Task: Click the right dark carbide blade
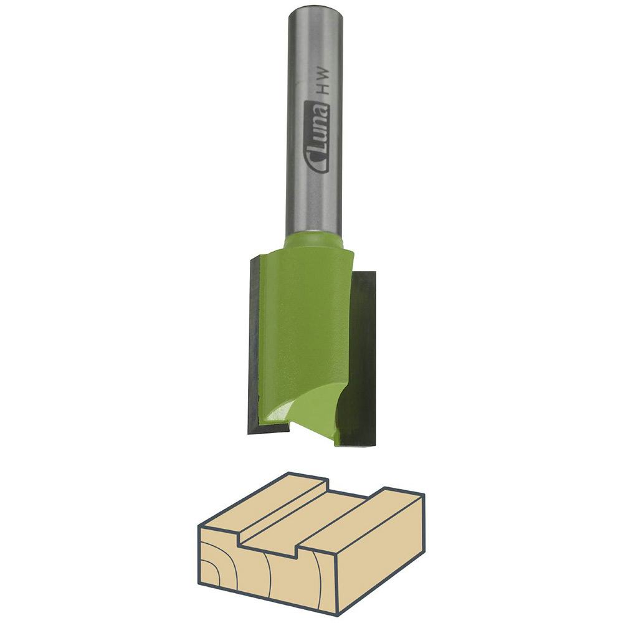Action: point(364,355)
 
